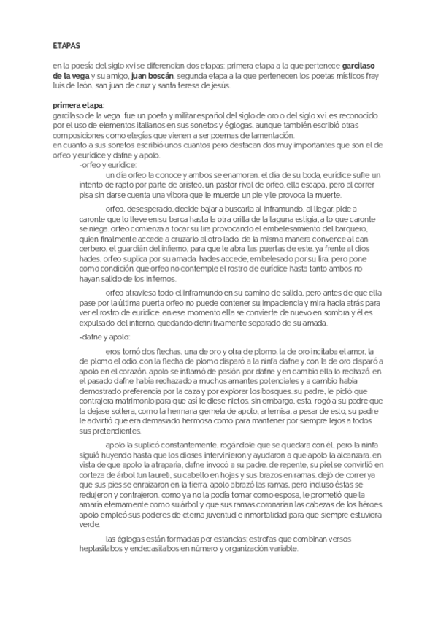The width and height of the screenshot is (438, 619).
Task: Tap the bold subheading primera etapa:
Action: [79, 107]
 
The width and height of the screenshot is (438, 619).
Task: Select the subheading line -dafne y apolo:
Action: [104, 337]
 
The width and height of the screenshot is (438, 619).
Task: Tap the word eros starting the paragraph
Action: [113, 351]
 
